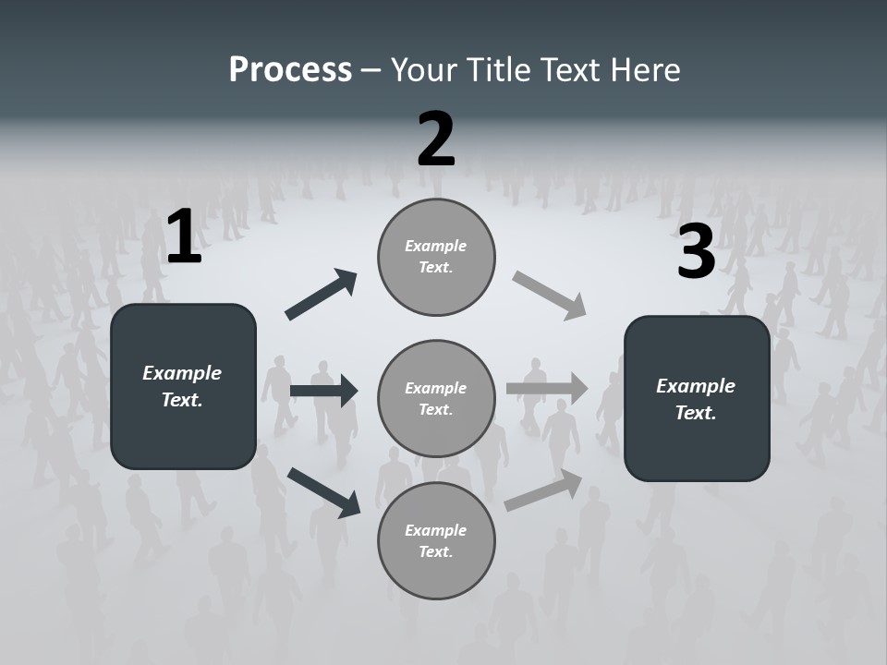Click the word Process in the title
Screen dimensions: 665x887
pos(290,70)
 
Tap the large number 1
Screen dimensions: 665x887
pos(184,237)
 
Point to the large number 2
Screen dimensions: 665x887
pos(436,139)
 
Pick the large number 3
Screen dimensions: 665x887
pos(697,252)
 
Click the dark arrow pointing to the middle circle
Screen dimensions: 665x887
pos(323,391)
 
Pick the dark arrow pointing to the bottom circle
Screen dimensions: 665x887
pos(323,491)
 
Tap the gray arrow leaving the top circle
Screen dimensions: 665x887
pos(550,296)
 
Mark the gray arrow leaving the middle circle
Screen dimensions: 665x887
pos(547,389)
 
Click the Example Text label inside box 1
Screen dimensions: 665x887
pos(182,386)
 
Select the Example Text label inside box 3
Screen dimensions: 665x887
pos(696,399)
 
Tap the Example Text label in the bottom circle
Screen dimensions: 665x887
pos(436,540)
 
